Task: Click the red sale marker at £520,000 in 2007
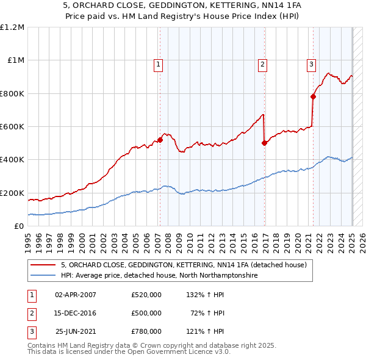click(x=160, y=140)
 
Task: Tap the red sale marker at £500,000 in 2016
click(x=264, y=143)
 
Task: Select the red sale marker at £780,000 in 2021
click(x=313, y=96)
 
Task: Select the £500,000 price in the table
click(x=146, y=313)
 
